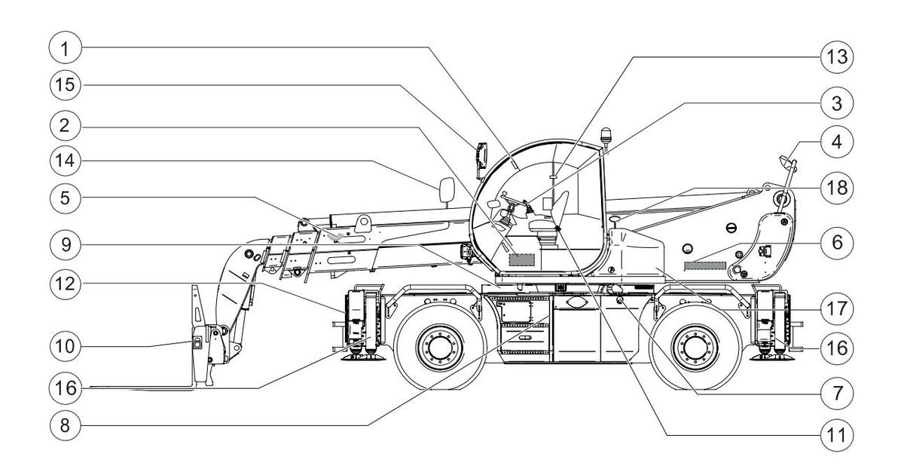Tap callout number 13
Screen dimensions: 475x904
coord(835,57)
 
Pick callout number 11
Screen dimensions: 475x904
coord(835,435)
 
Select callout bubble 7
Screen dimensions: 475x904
coord(835,392)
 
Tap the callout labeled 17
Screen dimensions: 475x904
coord(835,308)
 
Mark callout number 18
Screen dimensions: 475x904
coord(835,188)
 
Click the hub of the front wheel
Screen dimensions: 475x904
coord(439,348)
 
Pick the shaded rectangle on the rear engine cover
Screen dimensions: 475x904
coord(704,265)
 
